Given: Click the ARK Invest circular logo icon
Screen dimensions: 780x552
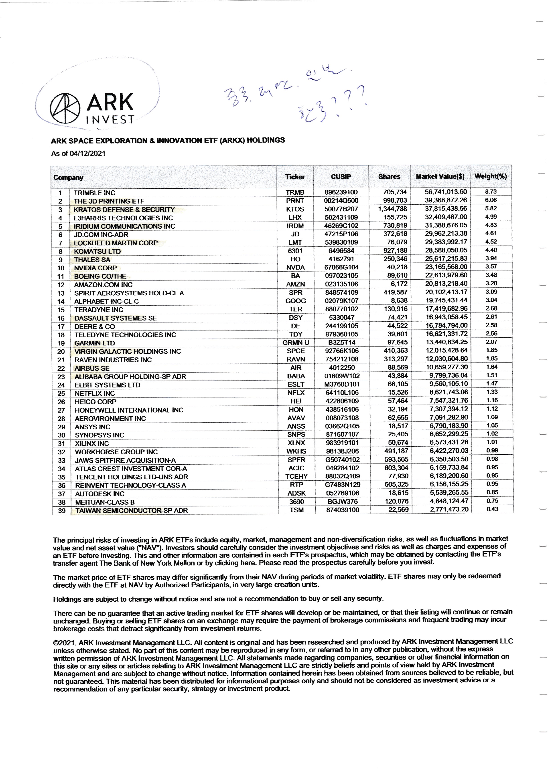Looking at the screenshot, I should pos(65,108).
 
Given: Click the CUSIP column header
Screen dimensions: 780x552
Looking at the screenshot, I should pos(341,177).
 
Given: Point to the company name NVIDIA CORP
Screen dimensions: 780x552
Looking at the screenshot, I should pos(95,268).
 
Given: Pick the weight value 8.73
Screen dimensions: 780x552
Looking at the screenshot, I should pos(491,191).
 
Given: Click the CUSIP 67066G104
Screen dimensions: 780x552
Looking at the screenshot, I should pos(341,267).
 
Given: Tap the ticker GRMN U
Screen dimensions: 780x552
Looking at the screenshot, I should pos(295,343).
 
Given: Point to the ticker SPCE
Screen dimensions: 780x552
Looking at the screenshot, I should pos(296,351).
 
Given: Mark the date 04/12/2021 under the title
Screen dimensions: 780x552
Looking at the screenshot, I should pos(87,153).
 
